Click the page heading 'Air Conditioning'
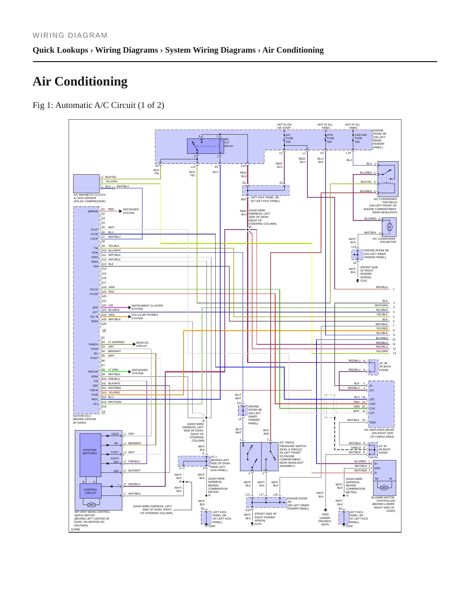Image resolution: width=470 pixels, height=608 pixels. tap(80, 81)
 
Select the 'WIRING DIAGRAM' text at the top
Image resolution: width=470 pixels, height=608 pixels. tap(70, 35)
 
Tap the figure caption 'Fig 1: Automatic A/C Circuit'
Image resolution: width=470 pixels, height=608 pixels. tap(98, 105)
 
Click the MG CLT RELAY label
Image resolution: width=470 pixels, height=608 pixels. tap(229, 142)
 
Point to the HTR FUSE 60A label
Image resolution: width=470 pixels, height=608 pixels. tap(330, 138)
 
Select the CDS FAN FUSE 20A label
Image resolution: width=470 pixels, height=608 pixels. tap(360, 138)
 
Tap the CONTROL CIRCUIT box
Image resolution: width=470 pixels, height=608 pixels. tap(90, 491)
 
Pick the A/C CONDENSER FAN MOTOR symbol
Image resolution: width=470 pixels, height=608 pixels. tap(389, 227)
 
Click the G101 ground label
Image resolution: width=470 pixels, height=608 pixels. tap(364, 281)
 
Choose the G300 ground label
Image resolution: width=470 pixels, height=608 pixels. tap(325, 514)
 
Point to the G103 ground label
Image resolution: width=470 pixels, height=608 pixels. tap(258, 524)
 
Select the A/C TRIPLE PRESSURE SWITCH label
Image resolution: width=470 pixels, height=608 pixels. tap(293, 454)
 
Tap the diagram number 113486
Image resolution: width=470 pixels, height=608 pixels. tap(75, 529)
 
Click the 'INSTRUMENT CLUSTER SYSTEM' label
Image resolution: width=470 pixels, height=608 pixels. tap(147, 307)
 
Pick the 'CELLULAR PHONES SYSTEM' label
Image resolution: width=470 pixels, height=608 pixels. tap(145, 316)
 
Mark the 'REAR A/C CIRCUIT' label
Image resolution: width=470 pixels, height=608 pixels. tap(142, 344)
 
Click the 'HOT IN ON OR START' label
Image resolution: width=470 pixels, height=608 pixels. tap(284, 126)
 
